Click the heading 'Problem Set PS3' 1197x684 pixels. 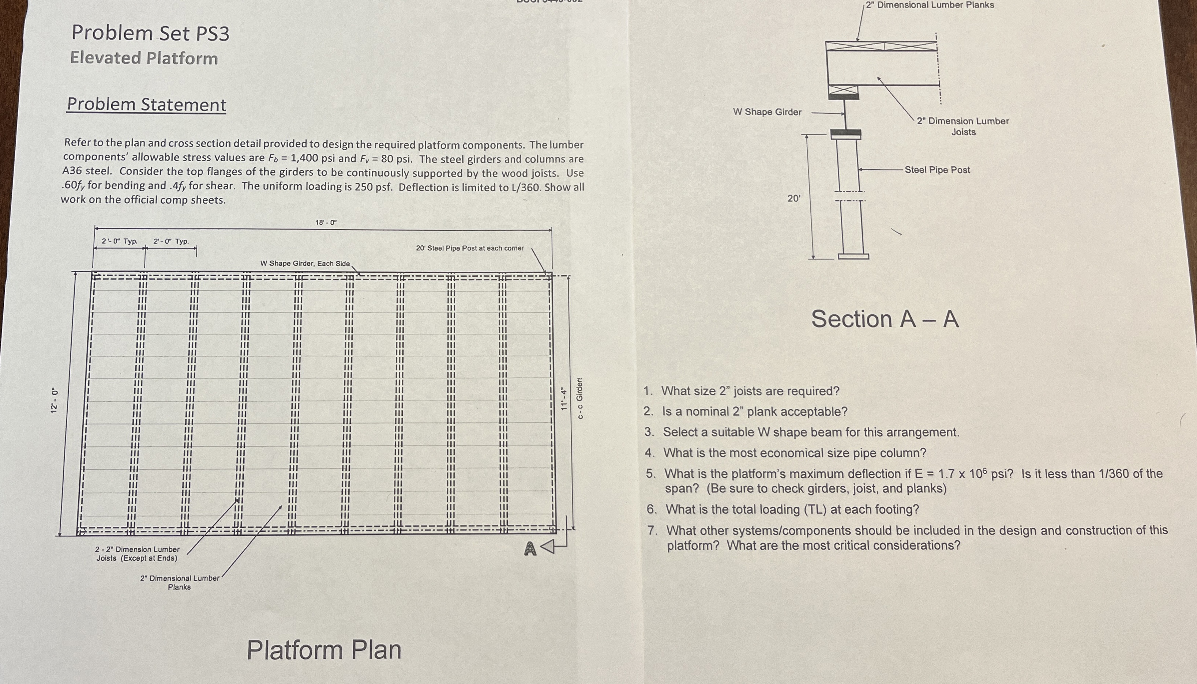[150, 33]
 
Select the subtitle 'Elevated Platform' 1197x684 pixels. [144, 58]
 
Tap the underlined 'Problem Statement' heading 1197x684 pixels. [146, 104]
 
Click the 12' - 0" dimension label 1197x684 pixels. [55, 400]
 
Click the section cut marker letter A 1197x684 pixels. [530, 549]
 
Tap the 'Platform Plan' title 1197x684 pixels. [324, 650]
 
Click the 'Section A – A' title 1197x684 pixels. [885, 319]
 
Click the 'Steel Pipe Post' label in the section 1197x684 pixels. [937, 170]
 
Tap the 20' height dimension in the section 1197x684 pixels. [794, 198]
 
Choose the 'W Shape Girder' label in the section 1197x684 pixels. [767, 112]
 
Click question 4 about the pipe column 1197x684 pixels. [794, 453]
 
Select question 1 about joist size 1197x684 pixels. [750, 391]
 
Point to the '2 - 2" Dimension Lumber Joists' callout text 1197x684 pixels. [137, 553]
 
